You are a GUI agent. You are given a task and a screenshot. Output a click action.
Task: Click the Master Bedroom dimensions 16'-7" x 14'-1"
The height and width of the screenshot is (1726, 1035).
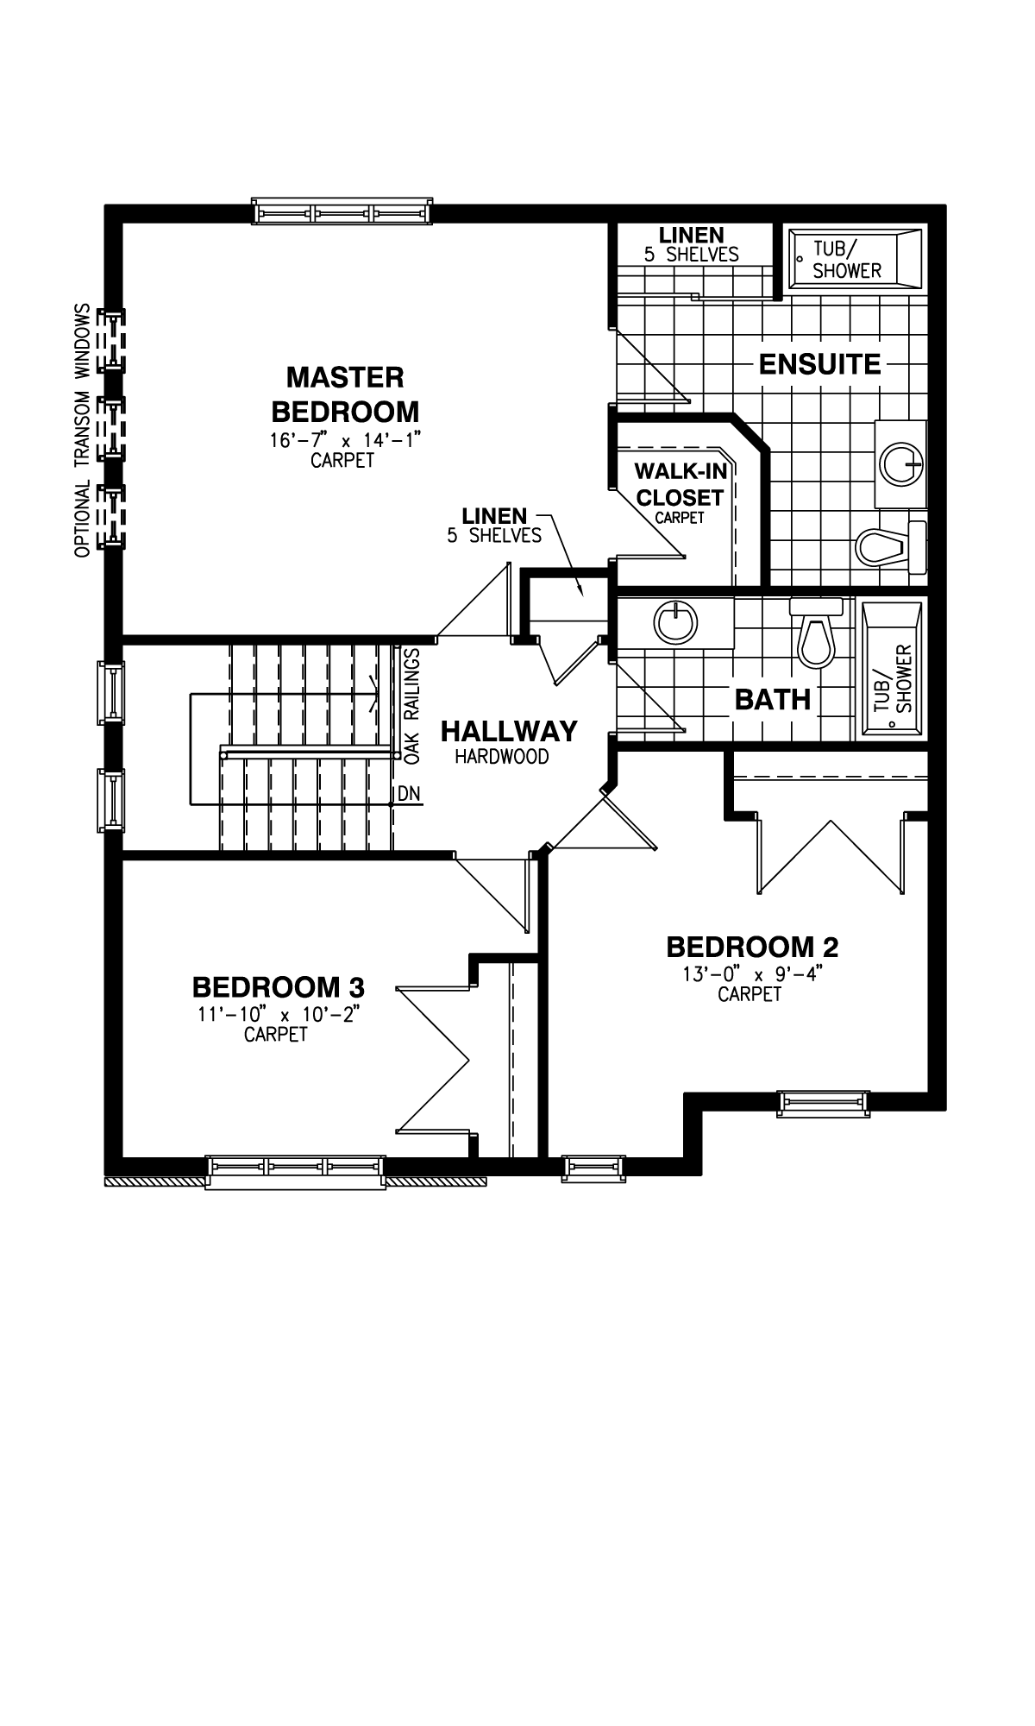click(x=344, y=440)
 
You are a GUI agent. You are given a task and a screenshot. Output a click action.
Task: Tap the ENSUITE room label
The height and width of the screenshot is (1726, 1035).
click(x=819, y=364)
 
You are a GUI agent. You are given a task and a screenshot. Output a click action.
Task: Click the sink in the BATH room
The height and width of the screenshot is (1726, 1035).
click(x=674, y=622)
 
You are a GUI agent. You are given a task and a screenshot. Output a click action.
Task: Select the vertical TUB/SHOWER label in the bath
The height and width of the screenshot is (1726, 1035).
click(x=894, y=678)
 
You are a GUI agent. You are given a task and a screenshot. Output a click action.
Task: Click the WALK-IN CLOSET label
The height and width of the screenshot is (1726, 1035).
click(x=680, y=485)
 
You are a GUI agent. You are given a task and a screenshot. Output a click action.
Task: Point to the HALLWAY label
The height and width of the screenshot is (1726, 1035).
click(x=509, y=732)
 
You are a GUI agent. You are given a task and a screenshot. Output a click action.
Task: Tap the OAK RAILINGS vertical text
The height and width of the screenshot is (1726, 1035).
click(x=411, y=705)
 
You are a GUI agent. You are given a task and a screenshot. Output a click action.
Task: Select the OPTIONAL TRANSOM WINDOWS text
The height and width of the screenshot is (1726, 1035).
click(x=83, y=431)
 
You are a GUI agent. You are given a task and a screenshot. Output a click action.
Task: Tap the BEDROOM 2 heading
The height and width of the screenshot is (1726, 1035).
click(x=752, y=947)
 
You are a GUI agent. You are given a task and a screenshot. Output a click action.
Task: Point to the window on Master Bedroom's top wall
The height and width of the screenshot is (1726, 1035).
click(x=342, y=212)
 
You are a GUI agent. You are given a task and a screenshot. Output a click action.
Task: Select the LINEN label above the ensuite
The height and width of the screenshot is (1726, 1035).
click(x=691, y=235)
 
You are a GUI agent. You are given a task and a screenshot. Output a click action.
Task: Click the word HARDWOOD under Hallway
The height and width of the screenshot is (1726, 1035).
click(x=502, y=757)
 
